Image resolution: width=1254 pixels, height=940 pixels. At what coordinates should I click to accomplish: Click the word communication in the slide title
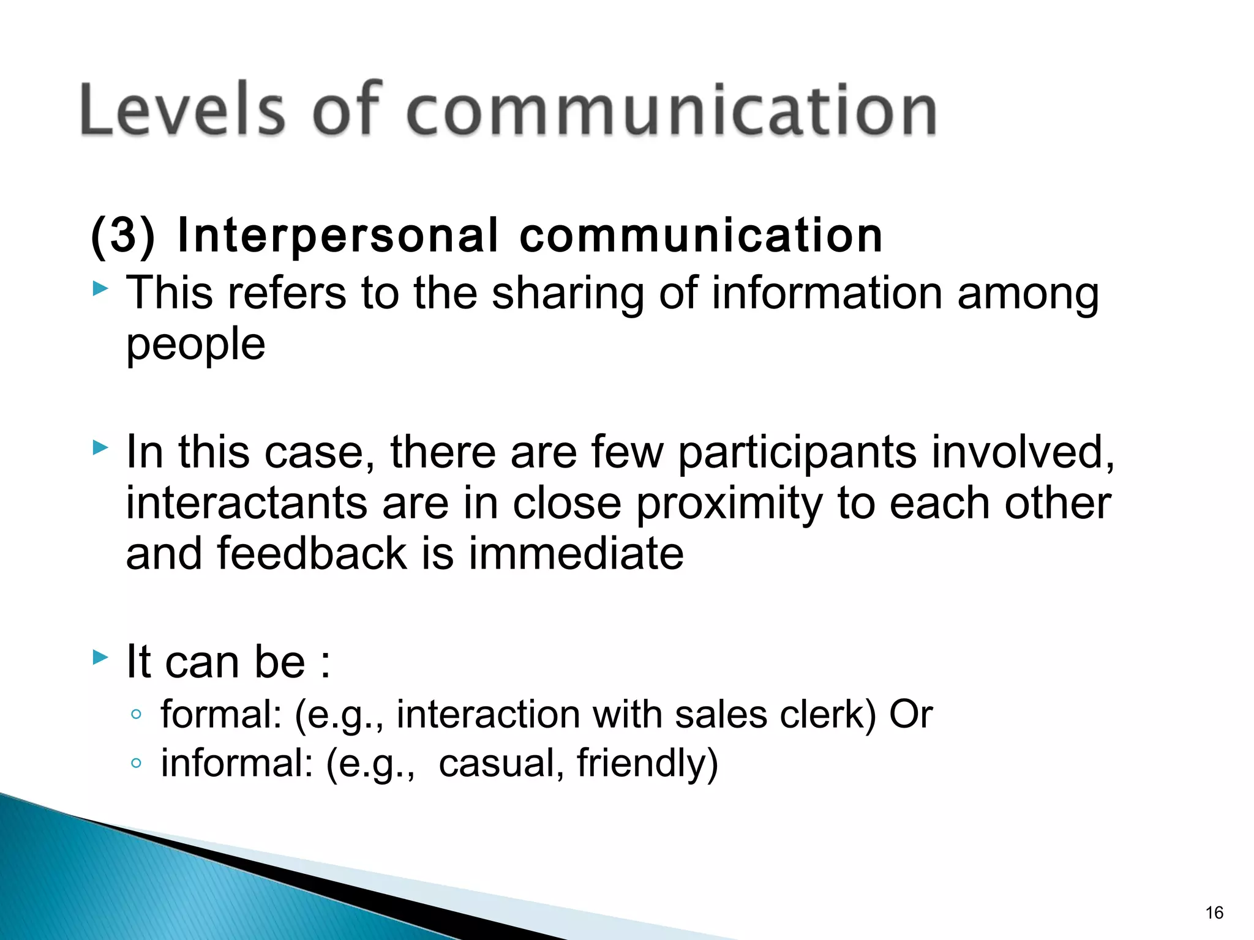pos(671,110)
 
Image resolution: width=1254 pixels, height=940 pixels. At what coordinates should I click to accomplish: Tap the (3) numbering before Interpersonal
pos(123,236)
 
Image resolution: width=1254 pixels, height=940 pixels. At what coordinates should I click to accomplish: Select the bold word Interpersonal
pos(337,236)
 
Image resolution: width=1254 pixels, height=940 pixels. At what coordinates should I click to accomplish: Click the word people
pos(195,345)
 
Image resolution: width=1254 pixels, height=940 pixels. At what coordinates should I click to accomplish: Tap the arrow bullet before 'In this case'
pos(100,449)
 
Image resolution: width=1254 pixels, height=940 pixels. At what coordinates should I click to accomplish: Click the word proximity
pos(729,504)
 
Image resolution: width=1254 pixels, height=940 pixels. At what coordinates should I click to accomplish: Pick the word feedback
pos(312,553)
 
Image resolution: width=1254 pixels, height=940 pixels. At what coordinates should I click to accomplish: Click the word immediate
pos(576,553)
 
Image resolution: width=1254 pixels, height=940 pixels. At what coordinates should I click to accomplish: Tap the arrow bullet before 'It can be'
pos(100,658)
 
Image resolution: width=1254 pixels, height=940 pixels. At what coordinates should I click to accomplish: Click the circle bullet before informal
pos(136,763)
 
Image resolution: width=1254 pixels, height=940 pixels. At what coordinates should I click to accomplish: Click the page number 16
pos(1214,913)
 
